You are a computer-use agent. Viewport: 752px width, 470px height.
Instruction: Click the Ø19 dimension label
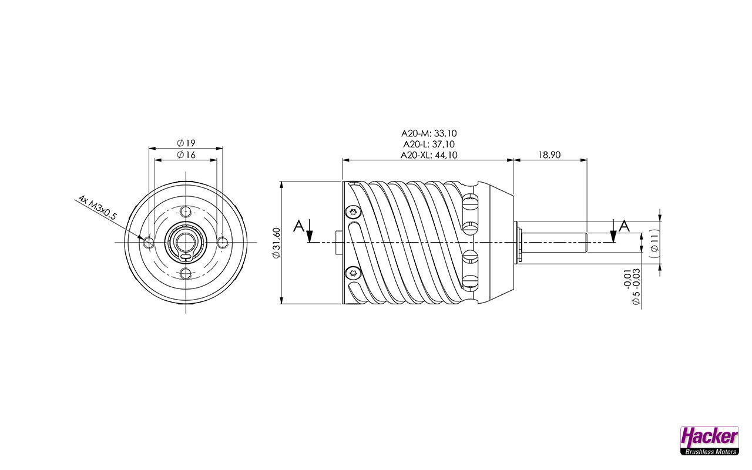pos(186,143)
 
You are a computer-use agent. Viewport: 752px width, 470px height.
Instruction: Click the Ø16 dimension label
pos(186,155)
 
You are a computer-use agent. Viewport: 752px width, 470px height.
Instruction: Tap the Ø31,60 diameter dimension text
pos(276,243)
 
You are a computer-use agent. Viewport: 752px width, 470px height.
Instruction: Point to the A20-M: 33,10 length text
pos(429,133)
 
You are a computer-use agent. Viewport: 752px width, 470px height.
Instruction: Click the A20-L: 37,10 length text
pos(429,144)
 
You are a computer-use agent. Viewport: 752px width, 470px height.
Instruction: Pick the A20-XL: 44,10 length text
pos(429,155)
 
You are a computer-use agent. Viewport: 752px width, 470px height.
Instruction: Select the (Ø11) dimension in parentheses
pos(654,242)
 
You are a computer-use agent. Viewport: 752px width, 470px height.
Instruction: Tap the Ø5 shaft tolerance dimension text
pos(632,287)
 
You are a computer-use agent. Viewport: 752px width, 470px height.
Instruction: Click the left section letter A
pos(299,225)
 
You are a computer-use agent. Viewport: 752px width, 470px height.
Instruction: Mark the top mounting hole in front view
pos(186,211)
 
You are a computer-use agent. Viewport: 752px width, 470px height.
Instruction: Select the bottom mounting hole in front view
pos(186,273)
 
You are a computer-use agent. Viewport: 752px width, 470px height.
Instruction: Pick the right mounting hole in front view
pos(222,242)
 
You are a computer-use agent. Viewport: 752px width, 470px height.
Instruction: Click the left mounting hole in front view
pos(147,242)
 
